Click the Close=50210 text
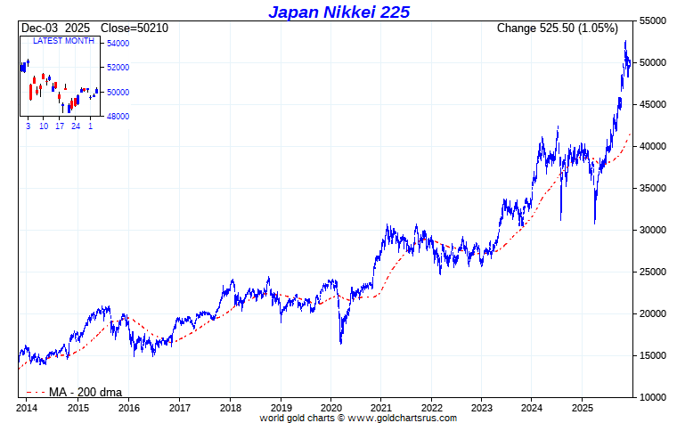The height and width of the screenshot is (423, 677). [135, 28]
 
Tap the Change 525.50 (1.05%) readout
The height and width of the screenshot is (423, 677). [557, 28]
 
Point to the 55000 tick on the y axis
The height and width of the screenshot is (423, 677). [655, 20]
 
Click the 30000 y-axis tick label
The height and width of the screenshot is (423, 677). [655, 230]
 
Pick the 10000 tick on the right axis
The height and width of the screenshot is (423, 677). [655, 397]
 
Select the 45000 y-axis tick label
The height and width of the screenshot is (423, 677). [655, 104]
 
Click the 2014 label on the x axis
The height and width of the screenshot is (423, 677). [28, 407]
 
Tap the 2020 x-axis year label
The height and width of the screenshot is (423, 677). [330, 407]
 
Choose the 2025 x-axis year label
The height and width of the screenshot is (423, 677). [583, 407]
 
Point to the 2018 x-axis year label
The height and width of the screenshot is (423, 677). [230, 407]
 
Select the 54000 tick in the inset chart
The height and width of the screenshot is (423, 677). [118, 44]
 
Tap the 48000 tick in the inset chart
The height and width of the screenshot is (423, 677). [118, 117]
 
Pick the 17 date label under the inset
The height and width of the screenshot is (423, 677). [60, 126]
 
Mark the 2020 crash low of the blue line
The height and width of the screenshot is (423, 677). [340, 343]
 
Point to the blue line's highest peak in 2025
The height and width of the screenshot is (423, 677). [625, 41]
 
